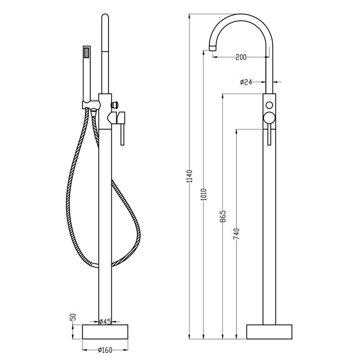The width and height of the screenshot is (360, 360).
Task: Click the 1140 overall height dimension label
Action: point(190,177)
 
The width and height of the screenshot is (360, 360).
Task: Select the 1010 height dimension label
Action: point(204,193)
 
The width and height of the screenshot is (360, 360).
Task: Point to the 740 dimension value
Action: point(237,233)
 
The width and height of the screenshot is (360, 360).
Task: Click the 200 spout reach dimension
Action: point(241,57)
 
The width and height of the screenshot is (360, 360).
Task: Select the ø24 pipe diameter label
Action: point(246,83)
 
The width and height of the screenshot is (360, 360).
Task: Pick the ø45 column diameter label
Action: point(105,322)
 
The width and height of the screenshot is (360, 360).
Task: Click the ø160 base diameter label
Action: point(105,349)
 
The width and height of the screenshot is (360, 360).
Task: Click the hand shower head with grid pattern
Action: point(87,52)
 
